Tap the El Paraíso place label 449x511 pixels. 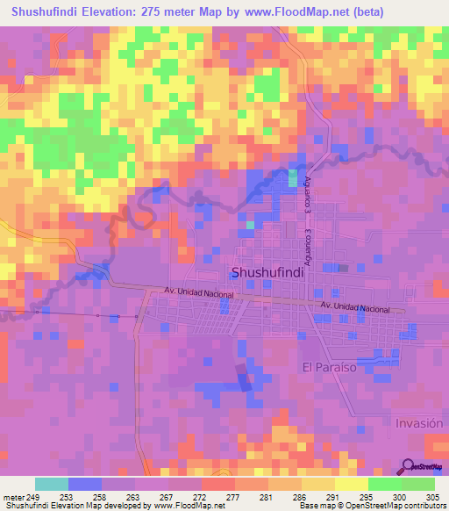click(x=329, y=368)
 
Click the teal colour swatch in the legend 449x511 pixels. click(x=52, y=484)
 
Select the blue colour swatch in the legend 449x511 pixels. click(x=85, y=484)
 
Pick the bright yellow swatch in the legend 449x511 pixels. click(x=352, y=484)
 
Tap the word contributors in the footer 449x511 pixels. click(x=424, y=506)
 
